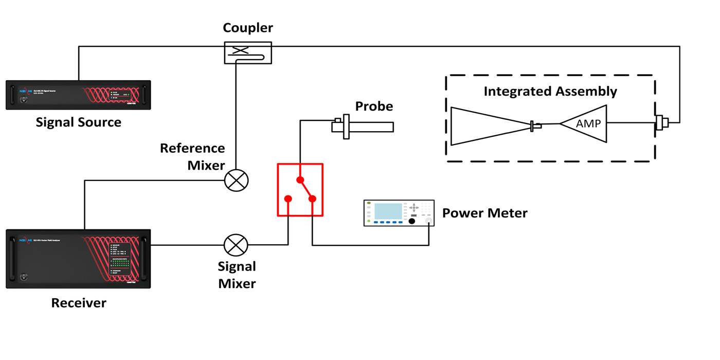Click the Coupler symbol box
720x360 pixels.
[x=247, y=52]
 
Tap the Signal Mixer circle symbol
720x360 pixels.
[x=236, y=245]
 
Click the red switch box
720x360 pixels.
[x=300, y=189]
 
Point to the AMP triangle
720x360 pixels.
[x=584, y=123]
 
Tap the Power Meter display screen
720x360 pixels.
[x=388, y=211]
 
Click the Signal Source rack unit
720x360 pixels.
[x=78, y=95]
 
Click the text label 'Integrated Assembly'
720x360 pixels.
[x=550, y=92]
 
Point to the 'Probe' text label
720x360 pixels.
[x=374, y=106]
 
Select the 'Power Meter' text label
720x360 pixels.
[x=484, y=213]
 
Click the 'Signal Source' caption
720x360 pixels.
[x=78, y=122]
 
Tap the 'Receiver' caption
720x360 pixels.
[x=78, y=303]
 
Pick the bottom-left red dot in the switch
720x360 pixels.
[x=289, y=199]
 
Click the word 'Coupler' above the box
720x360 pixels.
[x=247, y=28]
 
